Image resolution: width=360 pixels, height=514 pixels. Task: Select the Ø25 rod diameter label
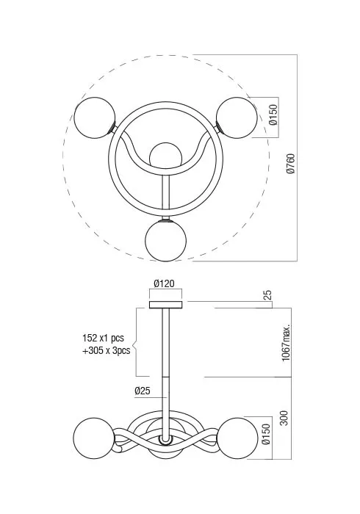pyautogui.click(x=143, y=391)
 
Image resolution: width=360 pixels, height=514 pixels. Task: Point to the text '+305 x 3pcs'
pyautogui.click(x=106, y=350)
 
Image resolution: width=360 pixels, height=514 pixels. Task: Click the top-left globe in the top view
pyautogui.click(x=95, y=117)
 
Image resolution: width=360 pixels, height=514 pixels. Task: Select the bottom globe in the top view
pyautogui.click(x=166, y=239)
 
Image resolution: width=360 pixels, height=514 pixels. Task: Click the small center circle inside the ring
pyautogui.click(x=165, y=156)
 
